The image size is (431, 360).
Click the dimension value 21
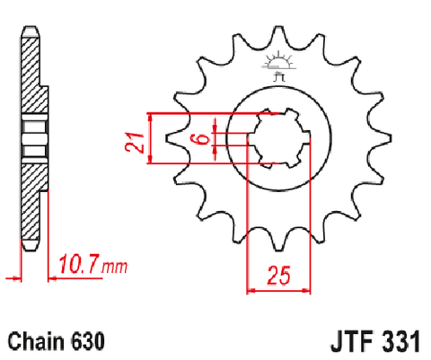pos(135,142)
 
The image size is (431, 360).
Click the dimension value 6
pos(203,139)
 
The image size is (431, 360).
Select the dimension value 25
pos(279,275)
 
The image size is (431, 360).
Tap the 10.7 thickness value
pos(78,265)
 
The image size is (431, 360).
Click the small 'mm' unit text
pos(115,267)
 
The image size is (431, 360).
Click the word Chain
pos(37,341)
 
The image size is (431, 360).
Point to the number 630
pos(88,341)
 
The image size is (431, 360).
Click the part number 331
pos(400,341)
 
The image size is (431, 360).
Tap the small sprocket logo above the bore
pos(278,66)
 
